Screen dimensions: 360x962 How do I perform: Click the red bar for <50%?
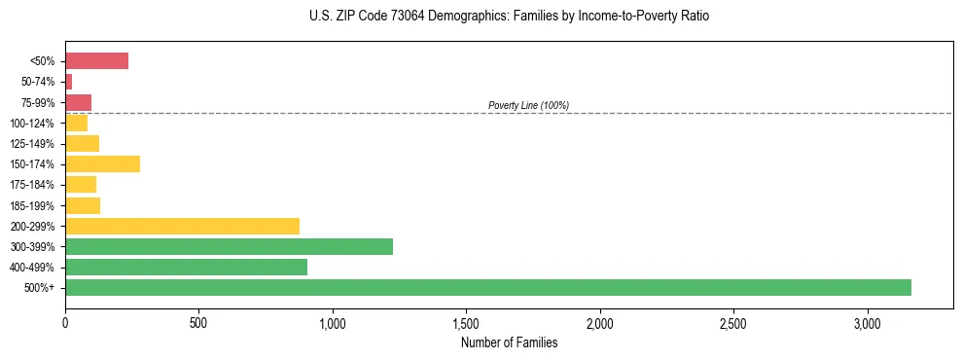click(x=97, y=61)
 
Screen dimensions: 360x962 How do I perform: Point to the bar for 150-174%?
click(x=102, y=163)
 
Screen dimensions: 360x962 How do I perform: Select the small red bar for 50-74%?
click(x=69, y=82)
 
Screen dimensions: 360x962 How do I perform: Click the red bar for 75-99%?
click(x=78, y=102)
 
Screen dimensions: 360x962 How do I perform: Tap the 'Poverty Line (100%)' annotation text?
click(x=528, y=105)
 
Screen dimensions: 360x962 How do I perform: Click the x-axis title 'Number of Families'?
click(x=509, y=342)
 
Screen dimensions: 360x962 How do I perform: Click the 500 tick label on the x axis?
click(x=198, y=322)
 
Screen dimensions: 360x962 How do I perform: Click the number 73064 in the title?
click(x=407, y=17)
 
